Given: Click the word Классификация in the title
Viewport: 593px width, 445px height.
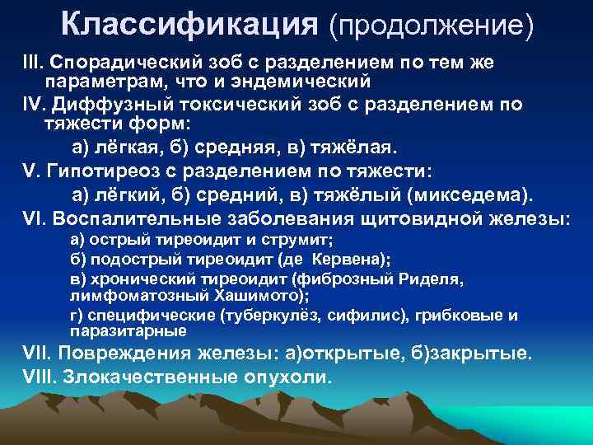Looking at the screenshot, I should [189, 26].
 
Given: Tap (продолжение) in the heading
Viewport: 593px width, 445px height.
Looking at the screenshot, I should [430, 26].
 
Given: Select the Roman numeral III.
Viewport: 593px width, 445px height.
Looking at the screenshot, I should [32, 65].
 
